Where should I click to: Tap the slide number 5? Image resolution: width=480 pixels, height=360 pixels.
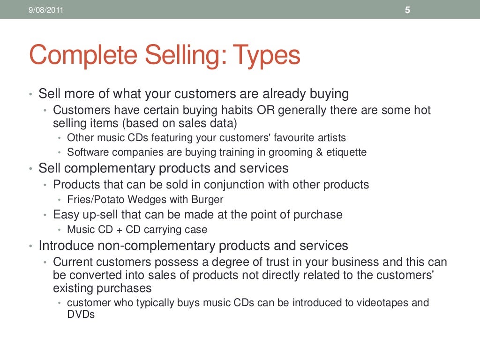407,10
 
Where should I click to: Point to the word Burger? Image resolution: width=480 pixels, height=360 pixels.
207,199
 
